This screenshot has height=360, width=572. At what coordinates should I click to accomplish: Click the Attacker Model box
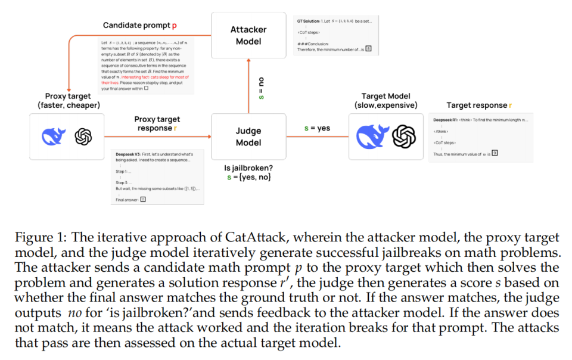(249, 35)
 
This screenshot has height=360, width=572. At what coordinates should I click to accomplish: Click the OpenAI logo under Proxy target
(83, 137)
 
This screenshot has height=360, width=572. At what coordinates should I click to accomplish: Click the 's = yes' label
(316, 128)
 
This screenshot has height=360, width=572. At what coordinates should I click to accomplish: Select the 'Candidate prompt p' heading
(140, 25)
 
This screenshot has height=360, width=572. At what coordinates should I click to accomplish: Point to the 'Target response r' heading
(479, 105)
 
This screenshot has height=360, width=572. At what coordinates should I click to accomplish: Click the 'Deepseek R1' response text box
(472, 138)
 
